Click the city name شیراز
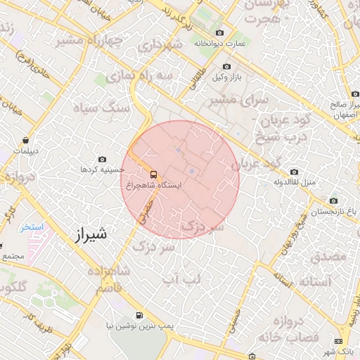click(x=89, y=234)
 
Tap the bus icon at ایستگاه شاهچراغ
click(x=153, y=174)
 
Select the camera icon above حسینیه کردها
click(x=103, y=160)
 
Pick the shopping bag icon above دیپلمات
click(x=26, y=140)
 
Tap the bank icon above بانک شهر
click(x=340, y=341)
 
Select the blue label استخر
click(x=31, y=227)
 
